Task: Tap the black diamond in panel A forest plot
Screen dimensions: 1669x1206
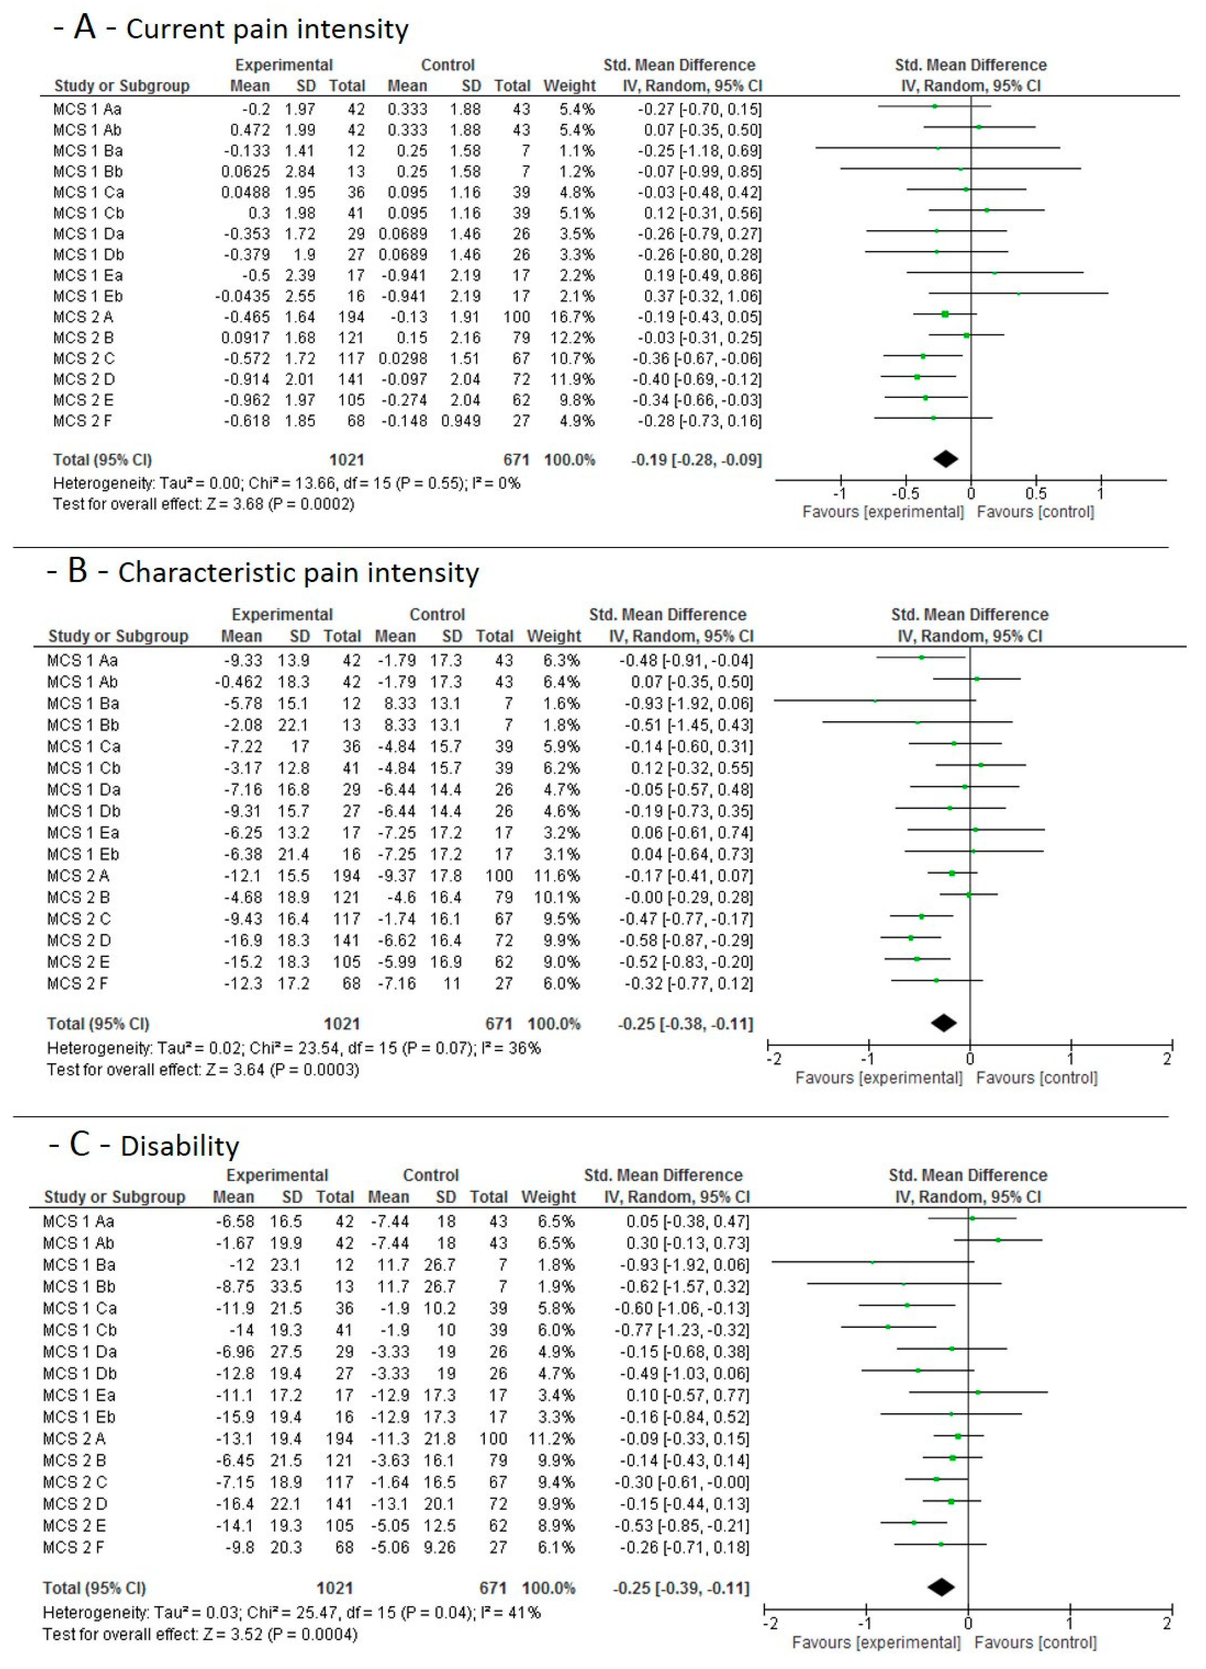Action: coord(946,459)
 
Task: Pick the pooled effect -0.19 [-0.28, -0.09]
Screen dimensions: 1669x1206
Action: coord(696,460)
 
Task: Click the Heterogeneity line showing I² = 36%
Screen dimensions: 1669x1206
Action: coord(293,1048)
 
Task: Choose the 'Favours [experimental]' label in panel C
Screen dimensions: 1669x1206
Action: coord(876,1643)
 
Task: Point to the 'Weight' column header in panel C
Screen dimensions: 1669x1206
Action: coord(548,1197)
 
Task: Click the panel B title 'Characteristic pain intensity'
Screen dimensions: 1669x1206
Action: coord(298,573)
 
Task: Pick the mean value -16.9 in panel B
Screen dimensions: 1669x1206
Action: coord(243,941)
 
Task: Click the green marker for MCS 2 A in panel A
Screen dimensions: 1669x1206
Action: coord(945,314)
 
